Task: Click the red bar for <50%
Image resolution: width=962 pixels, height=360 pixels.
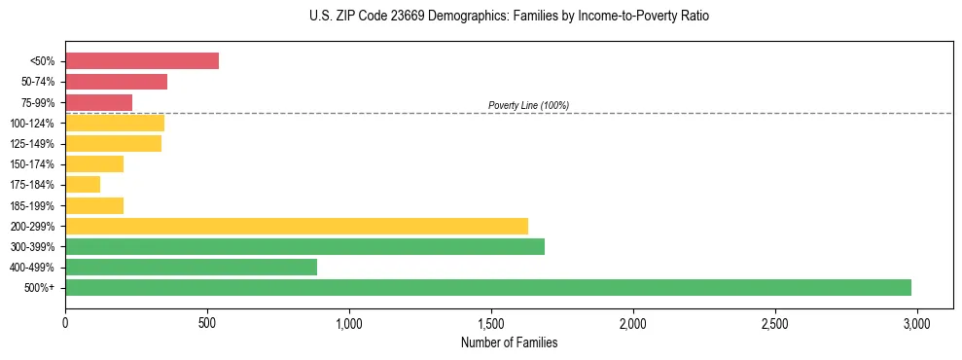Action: click(x=142, y=61)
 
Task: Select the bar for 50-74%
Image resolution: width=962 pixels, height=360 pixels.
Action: click(x=116, y=82)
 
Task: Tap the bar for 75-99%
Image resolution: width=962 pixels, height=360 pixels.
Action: click(x=98, y=102)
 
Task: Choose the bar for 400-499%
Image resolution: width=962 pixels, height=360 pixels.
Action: click(x=191, y=267)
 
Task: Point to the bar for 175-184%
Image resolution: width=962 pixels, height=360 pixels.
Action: click(x=83, y=184)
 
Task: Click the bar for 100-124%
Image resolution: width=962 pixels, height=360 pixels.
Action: click(x=115, y=123)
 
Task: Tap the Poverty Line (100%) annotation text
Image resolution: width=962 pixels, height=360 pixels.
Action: click(x=528, y=105)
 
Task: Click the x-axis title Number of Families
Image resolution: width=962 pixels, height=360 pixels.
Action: click(x=509, y=342)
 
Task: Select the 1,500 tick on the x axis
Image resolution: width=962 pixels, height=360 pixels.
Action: click(x=491, y=322)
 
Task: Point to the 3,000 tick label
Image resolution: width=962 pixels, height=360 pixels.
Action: click(x=917, y=322)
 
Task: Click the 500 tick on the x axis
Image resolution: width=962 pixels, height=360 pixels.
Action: click(x=207, y=322)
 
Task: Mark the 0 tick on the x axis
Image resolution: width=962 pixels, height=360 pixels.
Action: click(x=65, y=322)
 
